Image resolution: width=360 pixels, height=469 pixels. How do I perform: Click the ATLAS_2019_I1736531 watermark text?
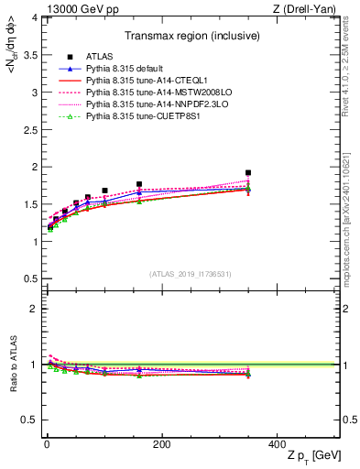tap(190, 274)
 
